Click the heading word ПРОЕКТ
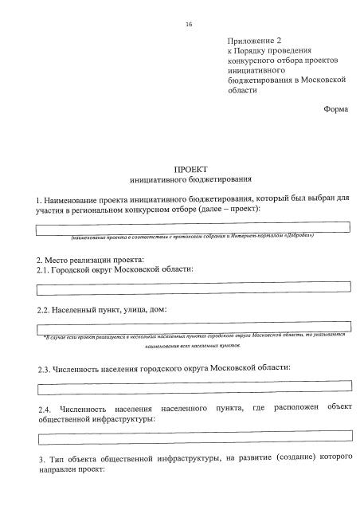(190, 170)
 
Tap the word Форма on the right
(336, 109)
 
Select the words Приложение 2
(255, 39)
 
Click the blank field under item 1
(194, 228)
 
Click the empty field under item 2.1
(194, 287)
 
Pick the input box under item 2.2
(194, 328)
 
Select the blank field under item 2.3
(194, 388)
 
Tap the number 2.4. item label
(45, 410)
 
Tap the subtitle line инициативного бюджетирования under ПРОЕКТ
(190, 180)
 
